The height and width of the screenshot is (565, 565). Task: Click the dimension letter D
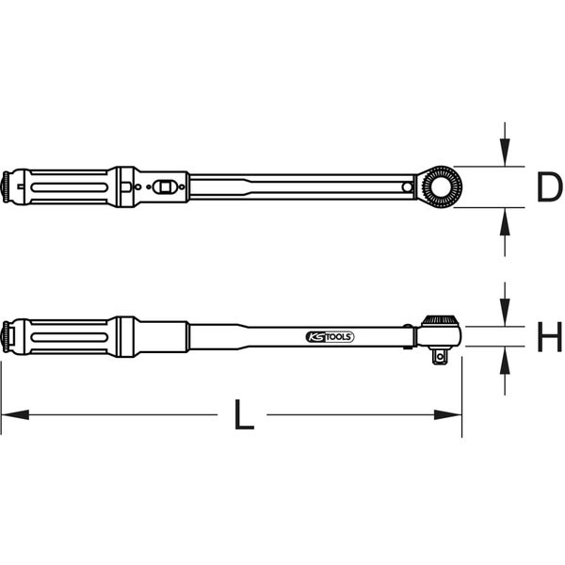point(549,186)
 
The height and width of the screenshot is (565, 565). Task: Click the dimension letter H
point(549,336)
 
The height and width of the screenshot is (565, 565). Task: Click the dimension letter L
point(244,414)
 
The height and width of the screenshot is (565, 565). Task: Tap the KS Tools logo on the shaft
point(331,337)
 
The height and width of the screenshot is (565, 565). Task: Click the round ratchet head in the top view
point(441,186)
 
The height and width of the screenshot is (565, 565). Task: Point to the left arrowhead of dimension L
point(15,414)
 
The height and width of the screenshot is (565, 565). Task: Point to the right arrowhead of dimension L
point(448,414)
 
